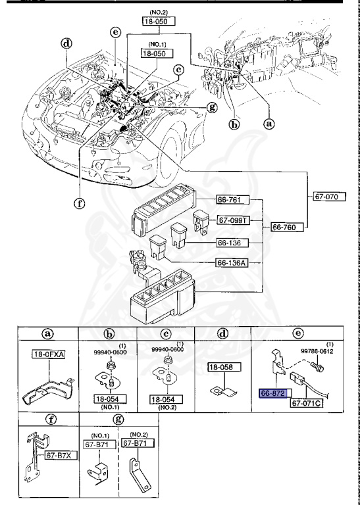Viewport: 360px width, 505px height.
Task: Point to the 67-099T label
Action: click(234, 221)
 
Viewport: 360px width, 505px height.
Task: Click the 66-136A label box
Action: click(233, 263)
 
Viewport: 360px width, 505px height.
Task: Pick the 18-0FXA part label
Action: click(48, 354)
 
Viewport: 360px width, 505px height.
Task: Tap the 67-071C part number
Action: click(307, 403)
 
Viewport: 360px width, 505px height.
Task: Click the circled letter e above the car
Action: click(115, 32)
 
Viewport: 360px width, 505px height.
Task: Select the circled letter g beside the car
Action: click(212, 107)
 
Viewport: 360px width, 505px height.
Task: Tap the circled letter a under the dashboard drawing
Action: click(269, 124)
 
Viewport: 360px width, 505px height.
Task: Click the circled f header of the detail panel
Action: click(51, 419)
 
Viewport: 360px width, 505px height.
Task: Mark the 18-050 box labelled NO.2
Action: click(159, 22)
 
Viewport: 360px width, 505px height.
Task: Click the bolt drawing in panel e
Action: click(317, 367)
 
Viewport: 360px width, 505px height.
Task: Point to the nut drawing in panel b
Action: click(109, 365)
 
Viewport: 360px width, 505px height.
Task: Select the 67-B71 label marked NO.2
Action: click(138, 443)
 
